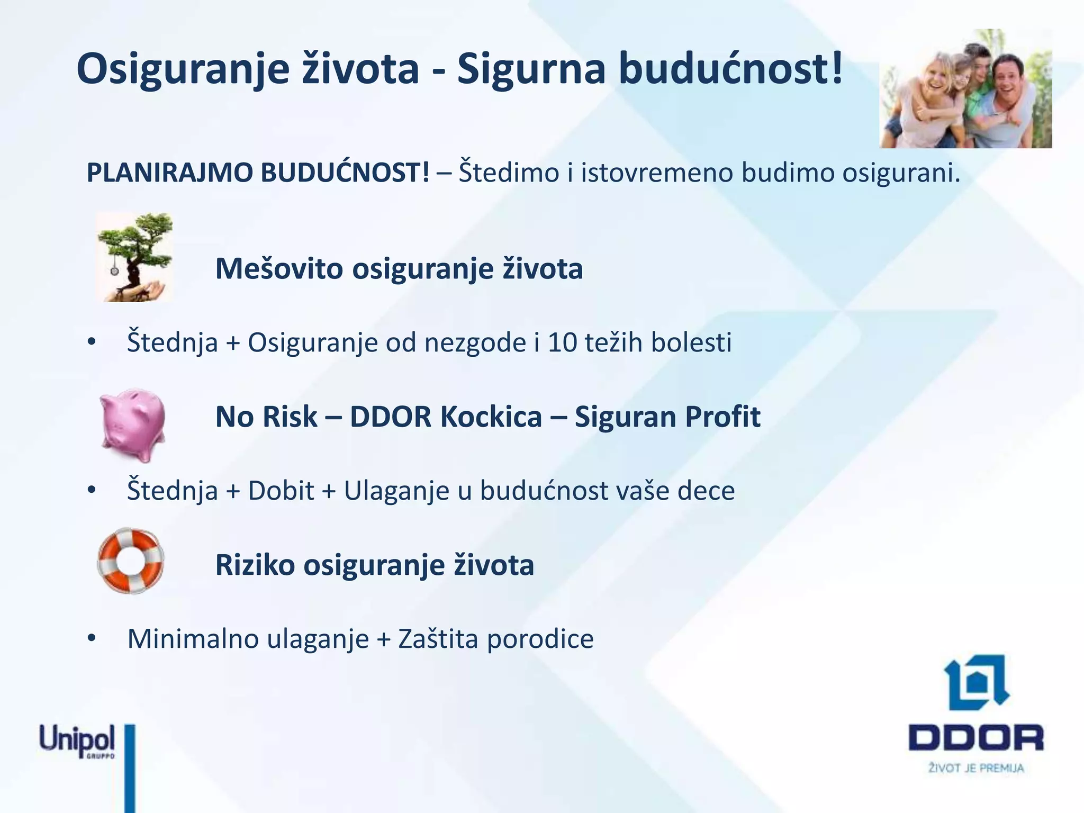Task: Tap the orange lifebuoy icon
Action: coord(131,561)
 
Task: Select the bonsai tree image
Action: coord(135,257)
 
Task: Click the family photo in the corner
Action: coord(965,89)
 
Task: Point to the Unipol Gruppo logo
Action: coord(77,741)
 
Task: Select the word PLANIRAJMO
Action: coord(169,173)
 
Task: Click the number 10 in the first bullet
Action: coord(562,342)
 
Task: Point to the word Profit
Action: coord(722,417)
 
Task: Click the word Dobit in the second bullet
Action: coord(281,491)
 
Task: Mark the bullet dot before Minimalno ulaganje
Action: coord(92,638)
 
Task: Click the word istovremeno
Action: coord(657,173)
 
